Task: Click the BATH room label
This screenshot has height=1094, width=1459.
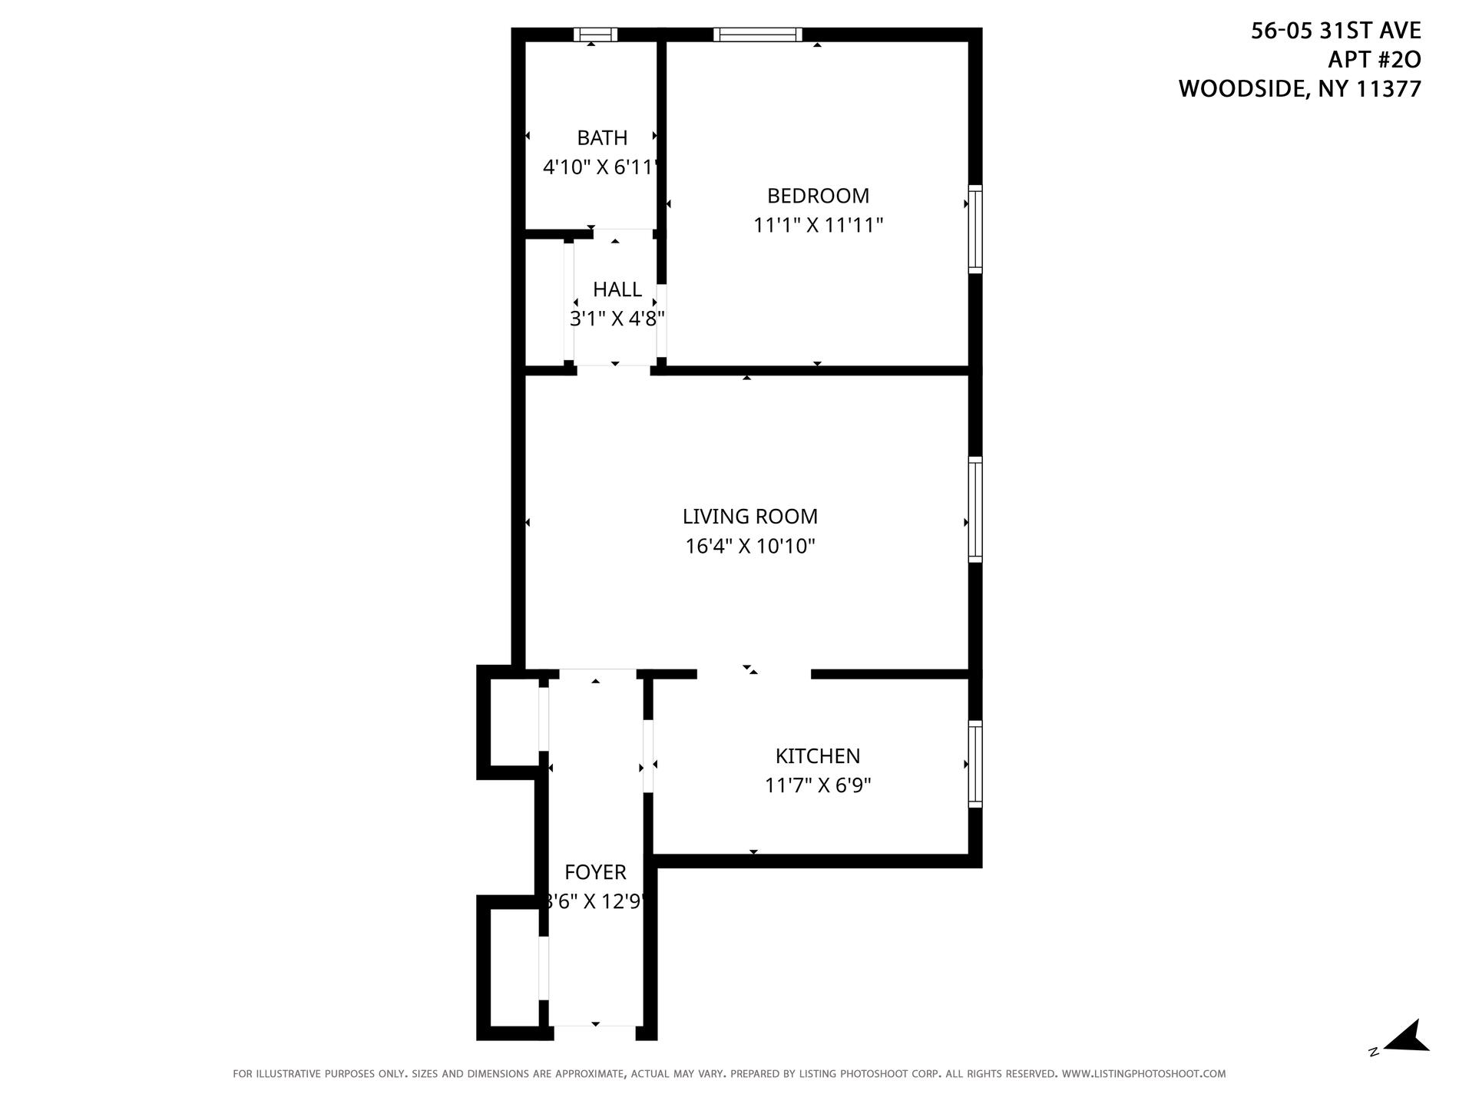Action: pyautogui.click(x=602, y=137)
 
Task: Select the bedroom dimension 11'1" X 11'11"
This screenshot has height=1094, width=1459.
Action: pyautogui.click(x=818, y=226)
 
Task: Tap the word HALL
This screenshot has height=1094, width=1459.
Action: pyautogui.click(x=617, y=289)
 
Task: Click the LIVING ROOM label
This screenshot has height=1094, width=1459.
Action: pyautogui.click(x=750, y=516)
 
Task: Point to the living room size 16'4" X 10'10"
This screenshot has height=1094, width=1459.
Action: pyautogui.click(x=750, y=547)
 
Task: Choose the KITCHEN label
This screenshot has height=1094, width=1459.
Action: pyautogui.click(x=817, y=756)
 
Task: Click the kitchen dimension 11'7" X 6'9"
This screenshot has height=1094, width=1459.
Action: pyautogui.click(x=818, y=786)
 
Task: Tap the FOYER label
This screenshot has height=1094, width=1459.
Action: pyautogui.click(x=595, y=872)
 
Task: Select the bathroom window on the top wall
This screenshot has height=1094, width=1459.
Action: pyautogui.click(x=595, y=35)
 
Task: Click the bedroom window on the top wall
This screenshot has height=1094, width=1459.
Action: pyautogui.click(x=757, y=35)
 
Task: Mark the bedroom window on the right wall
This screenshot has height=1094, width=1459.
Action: pyautogui.click(x=974, y=229)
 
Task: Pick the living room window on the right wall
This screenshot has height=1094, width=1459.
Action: pyautogui.click(x=974, y=510)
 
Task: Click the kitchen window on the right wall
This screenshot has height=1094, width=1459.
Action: pyautogui.click(x=974, y=764)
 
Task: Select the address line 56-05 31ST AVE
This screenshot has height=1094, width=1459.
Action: pyautogui.click(x=1335, y=31)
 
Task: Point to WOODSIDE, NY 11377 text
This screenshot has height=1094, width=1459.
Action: pyautogui.click(x=1299, y=89)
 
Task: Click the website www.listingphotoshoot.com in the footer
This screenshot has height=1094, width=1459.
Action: pyautogui.click(x=1143, y=1074)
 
